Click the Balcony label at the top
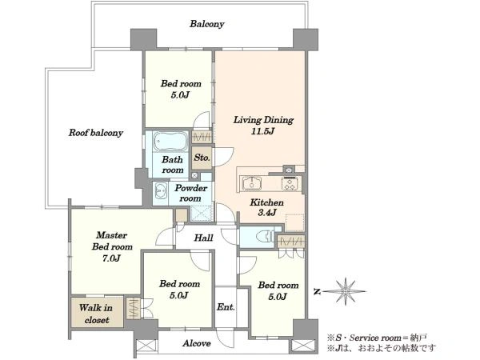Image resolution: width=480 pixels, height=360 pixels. click(207, 24)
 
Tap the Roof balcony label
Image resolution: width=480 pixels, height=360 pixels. click(96, 133)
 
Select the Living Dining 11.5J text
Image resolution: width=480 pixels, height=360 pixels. click(263, 126)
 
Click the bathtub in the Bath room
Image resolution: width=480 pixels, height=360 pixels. click(170, 142)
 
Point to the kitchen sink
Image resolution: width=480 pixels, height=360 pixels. click(252, 183)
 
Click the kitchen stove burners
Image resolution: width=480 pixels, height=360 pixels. click(290, 183)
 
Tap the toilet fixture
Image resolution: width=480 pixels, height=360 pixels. click(265, 236)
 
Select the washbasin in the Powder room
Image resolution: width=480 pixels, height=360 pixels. click(160, 191)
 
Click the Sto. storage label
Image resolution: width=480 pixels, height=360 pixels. click(202, 158)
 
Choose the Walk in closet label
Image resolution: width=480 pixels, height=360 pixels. click(96, 314)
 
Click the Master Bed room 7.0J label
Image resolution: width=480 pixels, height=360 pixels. click(112, 246)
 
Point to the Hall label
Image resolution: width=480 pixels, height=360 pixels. click(204, 238)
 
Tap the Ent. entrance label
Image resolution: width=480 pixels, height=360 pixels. click(226, 306)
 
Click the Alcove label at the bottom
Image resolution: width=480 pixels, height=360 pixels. click(197, 343)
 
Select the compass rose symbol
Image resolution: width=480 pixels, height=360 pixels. click(346, 291)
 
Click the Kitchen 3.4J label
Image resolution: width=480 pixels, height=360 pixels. click(266, 207)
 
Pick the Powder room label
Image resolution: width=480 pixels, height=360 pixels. click(190, 193)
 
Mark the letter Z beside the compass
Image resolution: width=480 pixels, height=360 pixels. click(317, 292)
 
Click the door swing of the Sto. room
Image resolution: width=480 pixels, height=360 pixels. click(223, 157)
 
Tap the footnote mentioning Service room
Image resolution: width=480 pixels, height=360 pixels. click(377, 338)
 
